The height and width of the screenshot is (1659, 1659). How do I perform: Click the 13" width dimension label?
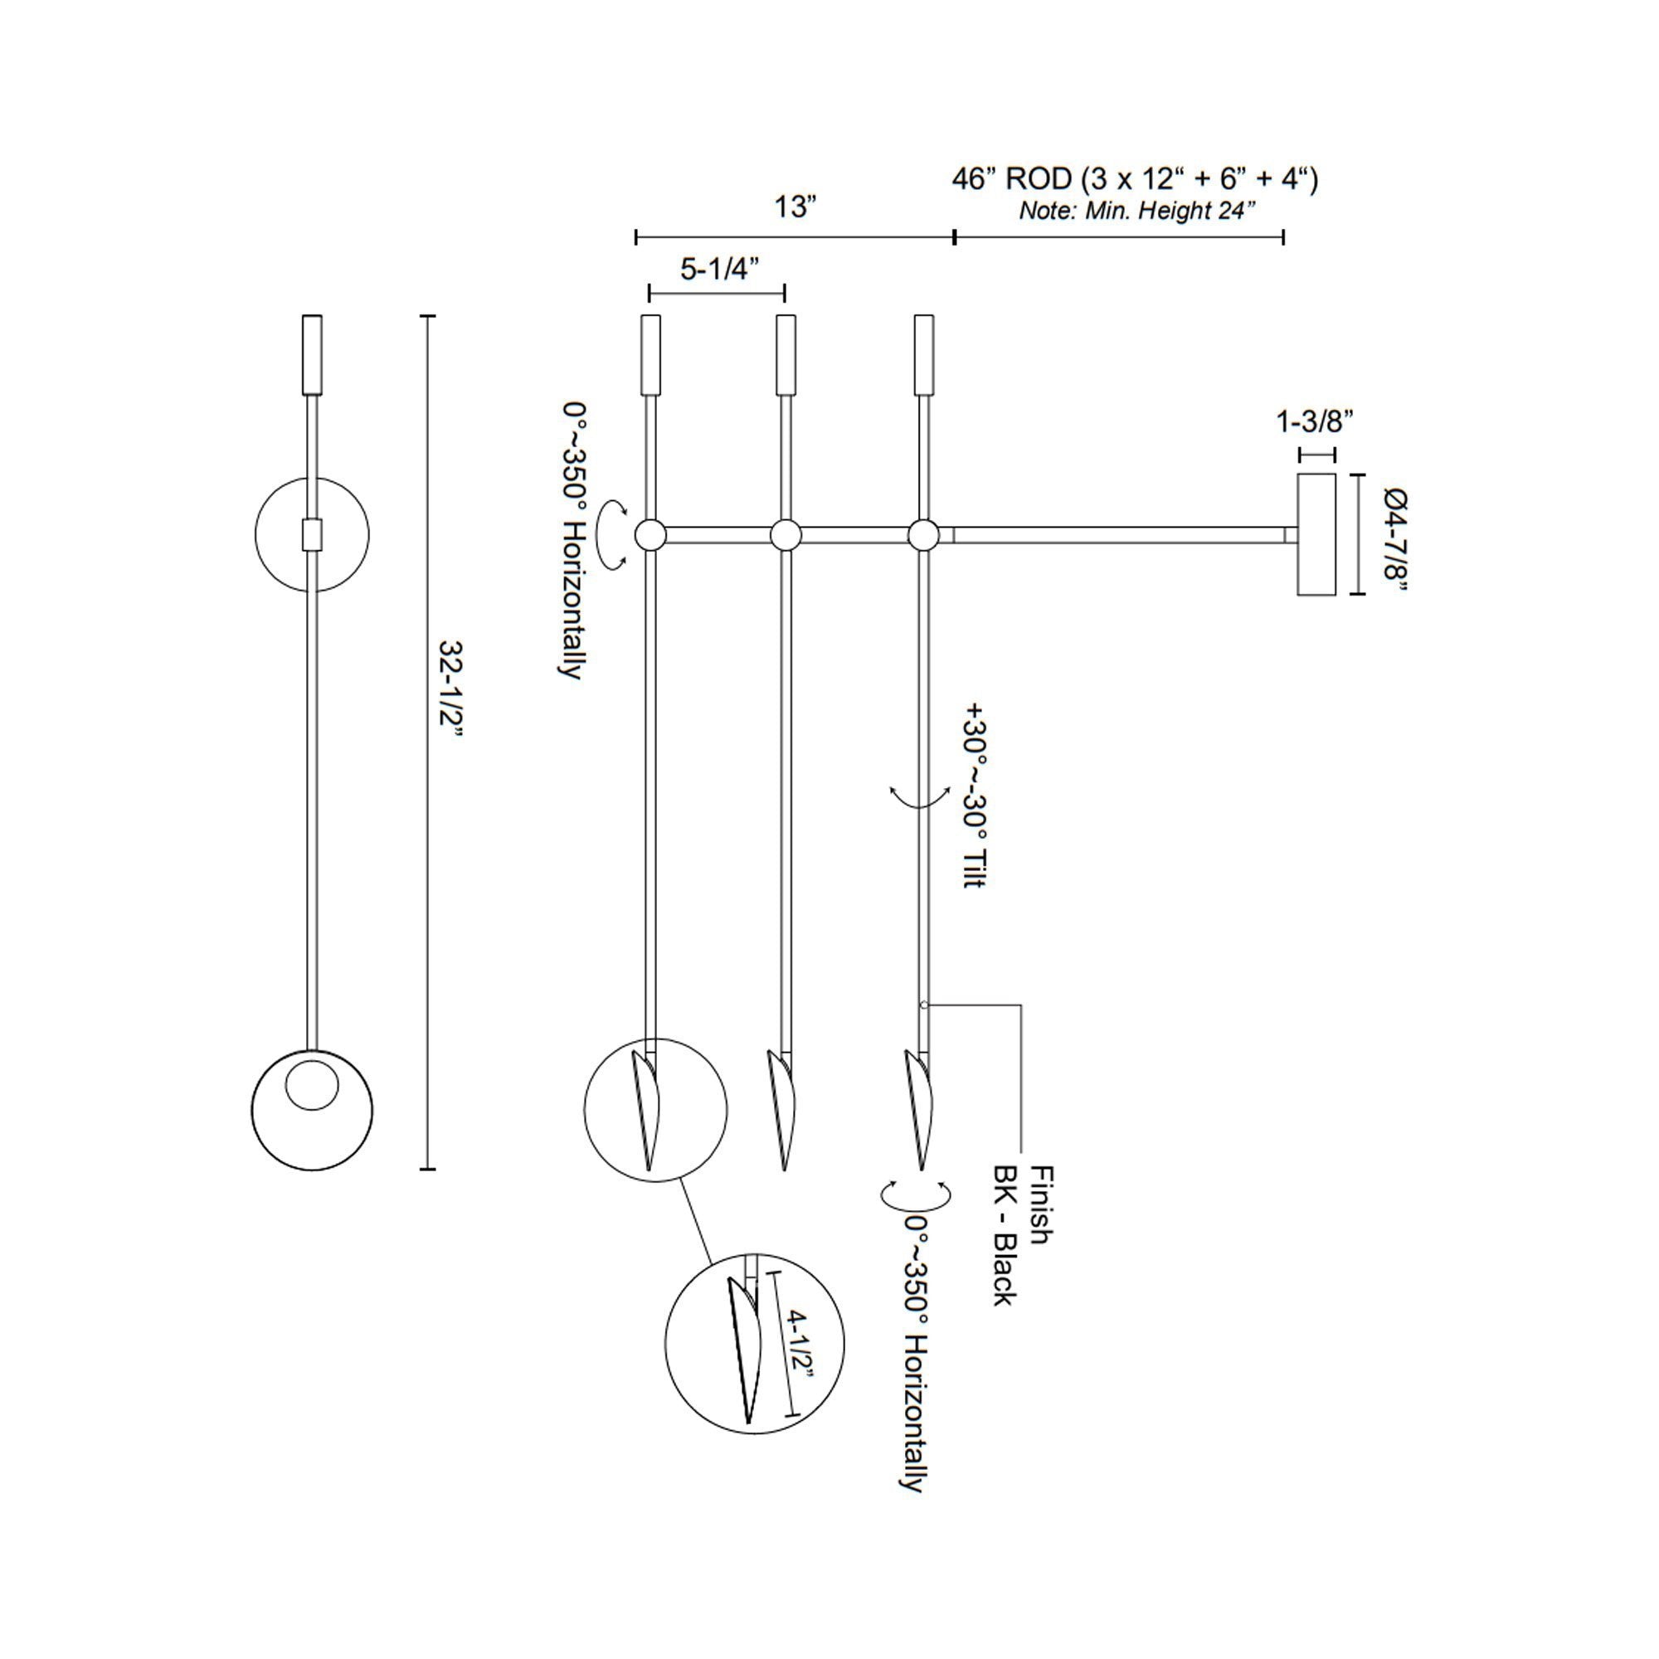point(795,207)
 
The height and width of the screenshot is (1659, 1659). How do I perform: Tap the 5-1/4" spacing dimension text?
point(719,269)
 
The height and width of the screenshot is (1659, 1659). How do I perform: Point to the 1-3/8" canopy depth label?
point(1315,421)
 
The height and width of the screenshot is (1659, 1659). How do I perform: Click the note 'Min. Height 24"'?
point(1138,211)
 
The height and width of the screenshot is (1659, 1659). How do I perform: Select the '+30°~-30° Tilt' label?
point(975,795)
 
